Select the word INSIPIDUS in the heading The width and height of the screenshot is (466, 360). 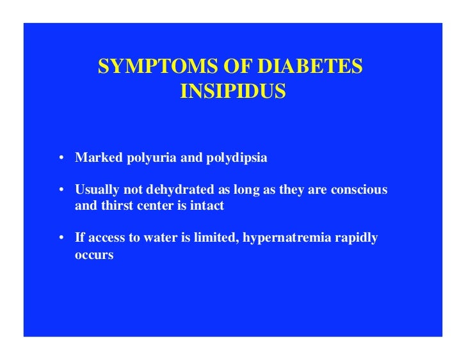(233, 93)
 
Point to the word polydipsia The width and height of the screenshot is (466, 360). (236, 158)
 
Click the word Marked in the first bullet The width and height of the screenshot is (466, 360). (93, 158)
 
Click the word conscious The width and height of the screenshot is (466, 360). (361, 191)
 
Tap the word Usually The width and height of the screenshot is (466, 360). (95, 191)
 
